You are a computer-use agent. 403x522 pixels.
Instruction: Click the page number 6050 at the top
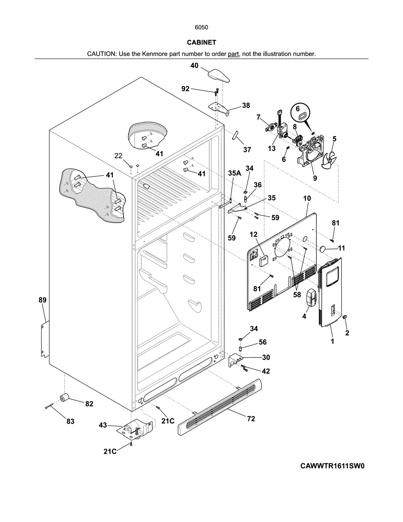point(201,27)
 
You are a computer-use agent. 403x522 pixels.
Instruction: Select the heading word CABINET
point(201,43)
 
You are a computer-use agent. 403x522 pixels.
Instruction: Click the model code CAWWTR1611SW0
point(332,466)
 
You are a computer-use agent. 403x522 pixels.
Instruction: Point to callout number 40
point(194,66)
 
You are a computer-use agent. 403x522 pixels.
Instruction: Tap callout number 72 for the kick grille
point(251,419)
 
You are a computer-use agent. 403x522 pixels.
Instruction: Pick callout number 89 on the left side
point(42,300)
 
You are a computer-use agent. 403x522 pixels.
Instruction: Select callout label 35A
point(234,173)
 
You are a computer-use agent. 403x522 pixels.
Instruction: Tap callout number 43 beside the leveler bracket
point(103,425)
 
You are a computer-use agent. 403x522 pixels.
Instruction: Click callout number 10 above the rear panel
point(307,198)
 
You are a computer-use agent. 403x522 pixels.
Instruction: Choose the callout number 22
point(118,156)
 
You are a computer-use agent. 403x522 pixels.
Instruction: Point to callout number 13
point(272,148)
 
